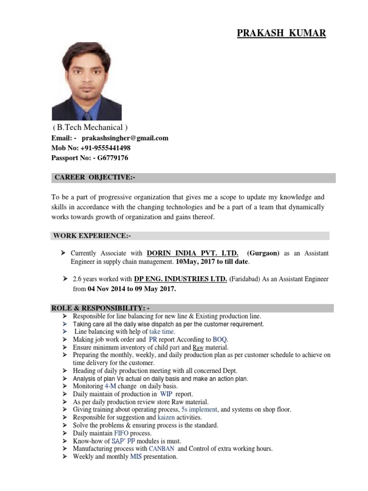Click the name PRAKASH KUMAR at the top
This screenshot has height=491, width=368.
(x=281, y=33)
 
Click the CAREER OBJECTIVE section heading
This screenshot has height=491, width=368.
(x=95, y=177)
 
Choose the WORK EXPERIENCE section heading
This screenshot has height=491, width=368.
(x=92, y=235)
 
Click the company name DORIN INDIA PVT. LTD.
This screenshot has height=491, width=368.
(x=192, y=253)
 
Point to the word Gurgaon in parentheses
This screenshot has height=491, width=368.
(x=263, y=253)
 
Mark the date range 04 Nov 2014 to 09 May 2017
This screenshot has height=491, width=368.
(x=132, y=289)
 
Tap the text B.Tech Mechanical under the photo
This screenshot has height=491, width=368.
(x=90, y=128)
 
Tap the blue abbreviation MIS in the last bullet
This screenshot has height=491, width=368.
(x=136, y=456)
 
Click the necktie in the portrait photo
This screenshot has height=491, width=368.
(x=87, y=116)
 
